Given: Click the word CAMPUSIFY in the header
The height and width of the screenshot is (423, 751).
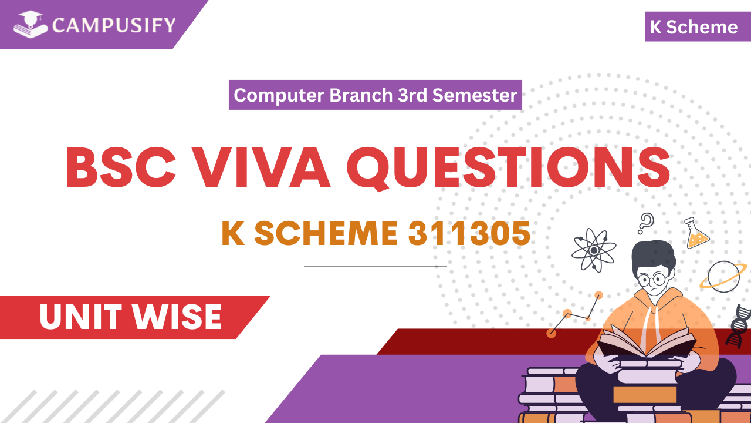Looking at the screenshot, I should click(x=113, y=26).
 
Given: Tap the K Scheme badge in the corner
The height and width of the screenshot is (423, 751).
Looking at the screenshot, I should click(x=694, y=27).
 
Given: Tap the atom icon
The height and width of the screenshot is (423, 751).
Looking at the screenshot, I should click(x=594, y=250).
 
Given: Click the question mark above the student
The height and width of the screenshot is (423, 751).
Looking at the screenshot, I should click(x=646, y=223).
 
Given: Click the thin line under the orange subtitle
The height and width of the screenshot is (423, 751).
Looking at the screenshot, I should click(x=375, y=266).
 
